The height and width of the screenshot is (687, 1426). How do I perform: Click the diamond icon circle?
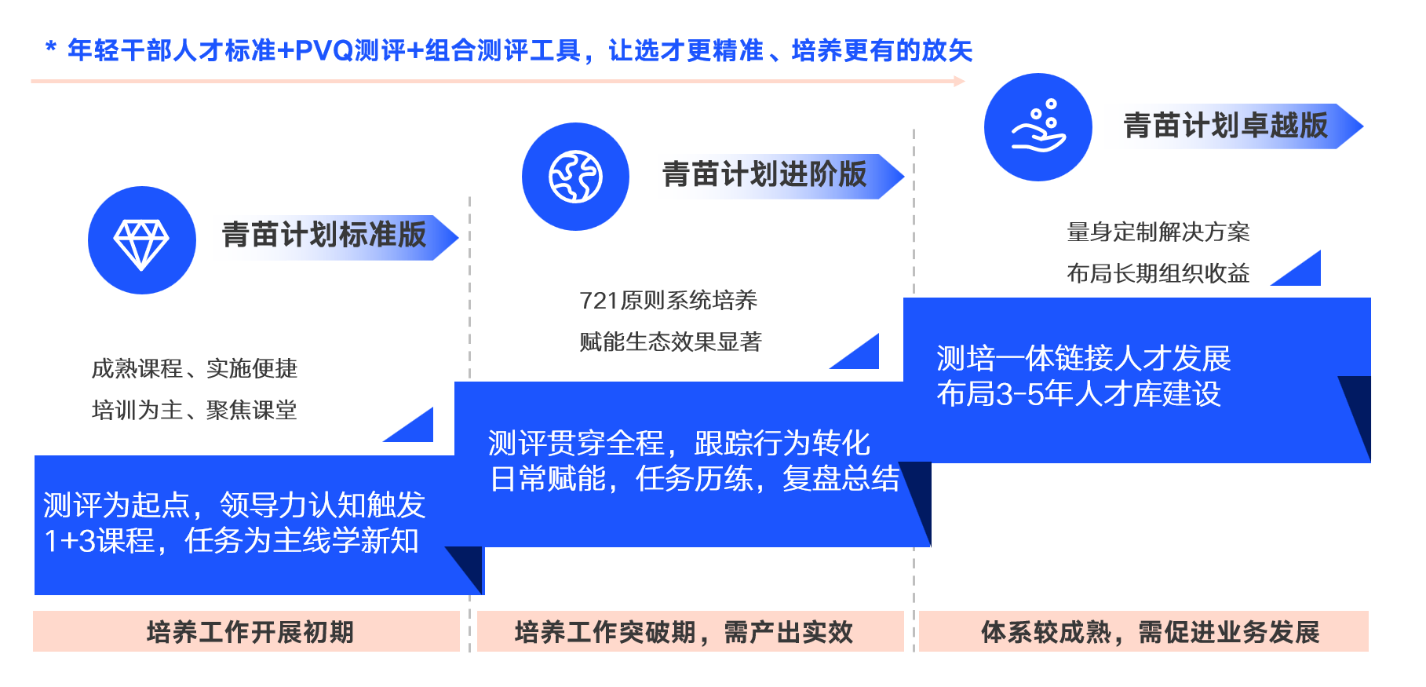click(x=141, y=240)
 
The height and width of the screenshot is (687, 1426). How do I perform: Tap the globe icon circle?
click(x=575, y=177)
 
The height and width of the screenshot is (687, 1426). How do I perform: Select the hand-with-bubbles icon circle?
click(x=1038, y=127)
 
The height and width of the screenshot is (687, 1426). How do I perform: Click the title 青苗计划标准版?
click(x=324, y=235)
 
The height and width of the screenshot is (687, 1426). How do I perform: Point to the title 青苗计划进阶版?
click(x=764, y=174)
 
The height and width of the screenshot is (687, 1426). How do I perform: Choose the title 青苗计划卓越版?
click(x=1225, y=126)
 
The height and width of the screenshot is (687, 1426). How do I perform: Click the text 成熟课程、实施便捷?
click(x=195, y=368)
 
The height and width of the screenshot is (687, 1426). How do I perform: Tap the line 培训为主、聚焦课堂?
click(x=195, y=410)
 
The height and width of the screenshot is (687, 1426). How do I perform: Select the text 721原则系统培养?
click(x=668, y=300)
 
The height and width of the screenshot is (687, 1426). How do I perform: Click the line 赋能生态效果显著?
click(x=670, y=342)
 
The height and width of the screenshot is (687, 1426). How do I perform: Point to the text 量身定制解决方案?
click(x=1158, y=232)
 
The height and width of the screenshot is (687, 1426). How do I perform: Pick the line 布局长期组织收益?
click(x=1158, y=273)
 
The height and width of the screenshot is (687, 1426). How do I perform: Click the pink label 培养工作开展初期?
click(x=250, y=632)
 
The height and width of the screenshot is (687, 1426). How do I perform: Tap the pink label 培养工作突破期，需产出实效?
click(x=683, y=632)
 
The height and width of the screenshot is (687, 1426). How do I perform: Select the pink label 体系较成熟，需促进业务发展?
click(x=1150, y=632)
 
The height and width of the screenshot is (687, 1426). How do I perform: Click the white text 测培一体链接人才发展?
click(x=1083, y=359)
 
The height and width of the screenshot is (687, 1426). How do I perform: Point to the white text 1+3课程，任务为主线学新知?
click(x=232, y=541)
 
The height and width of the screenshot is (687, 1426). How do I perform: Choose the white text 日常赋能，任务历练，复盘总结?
click(x=695, y=478)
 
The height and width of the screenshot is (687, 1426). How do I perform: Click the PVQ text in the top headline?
click(x=324, y=51)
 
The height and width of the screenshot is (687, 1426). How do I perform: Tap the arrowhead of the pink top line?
click(x=959, y=81)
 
